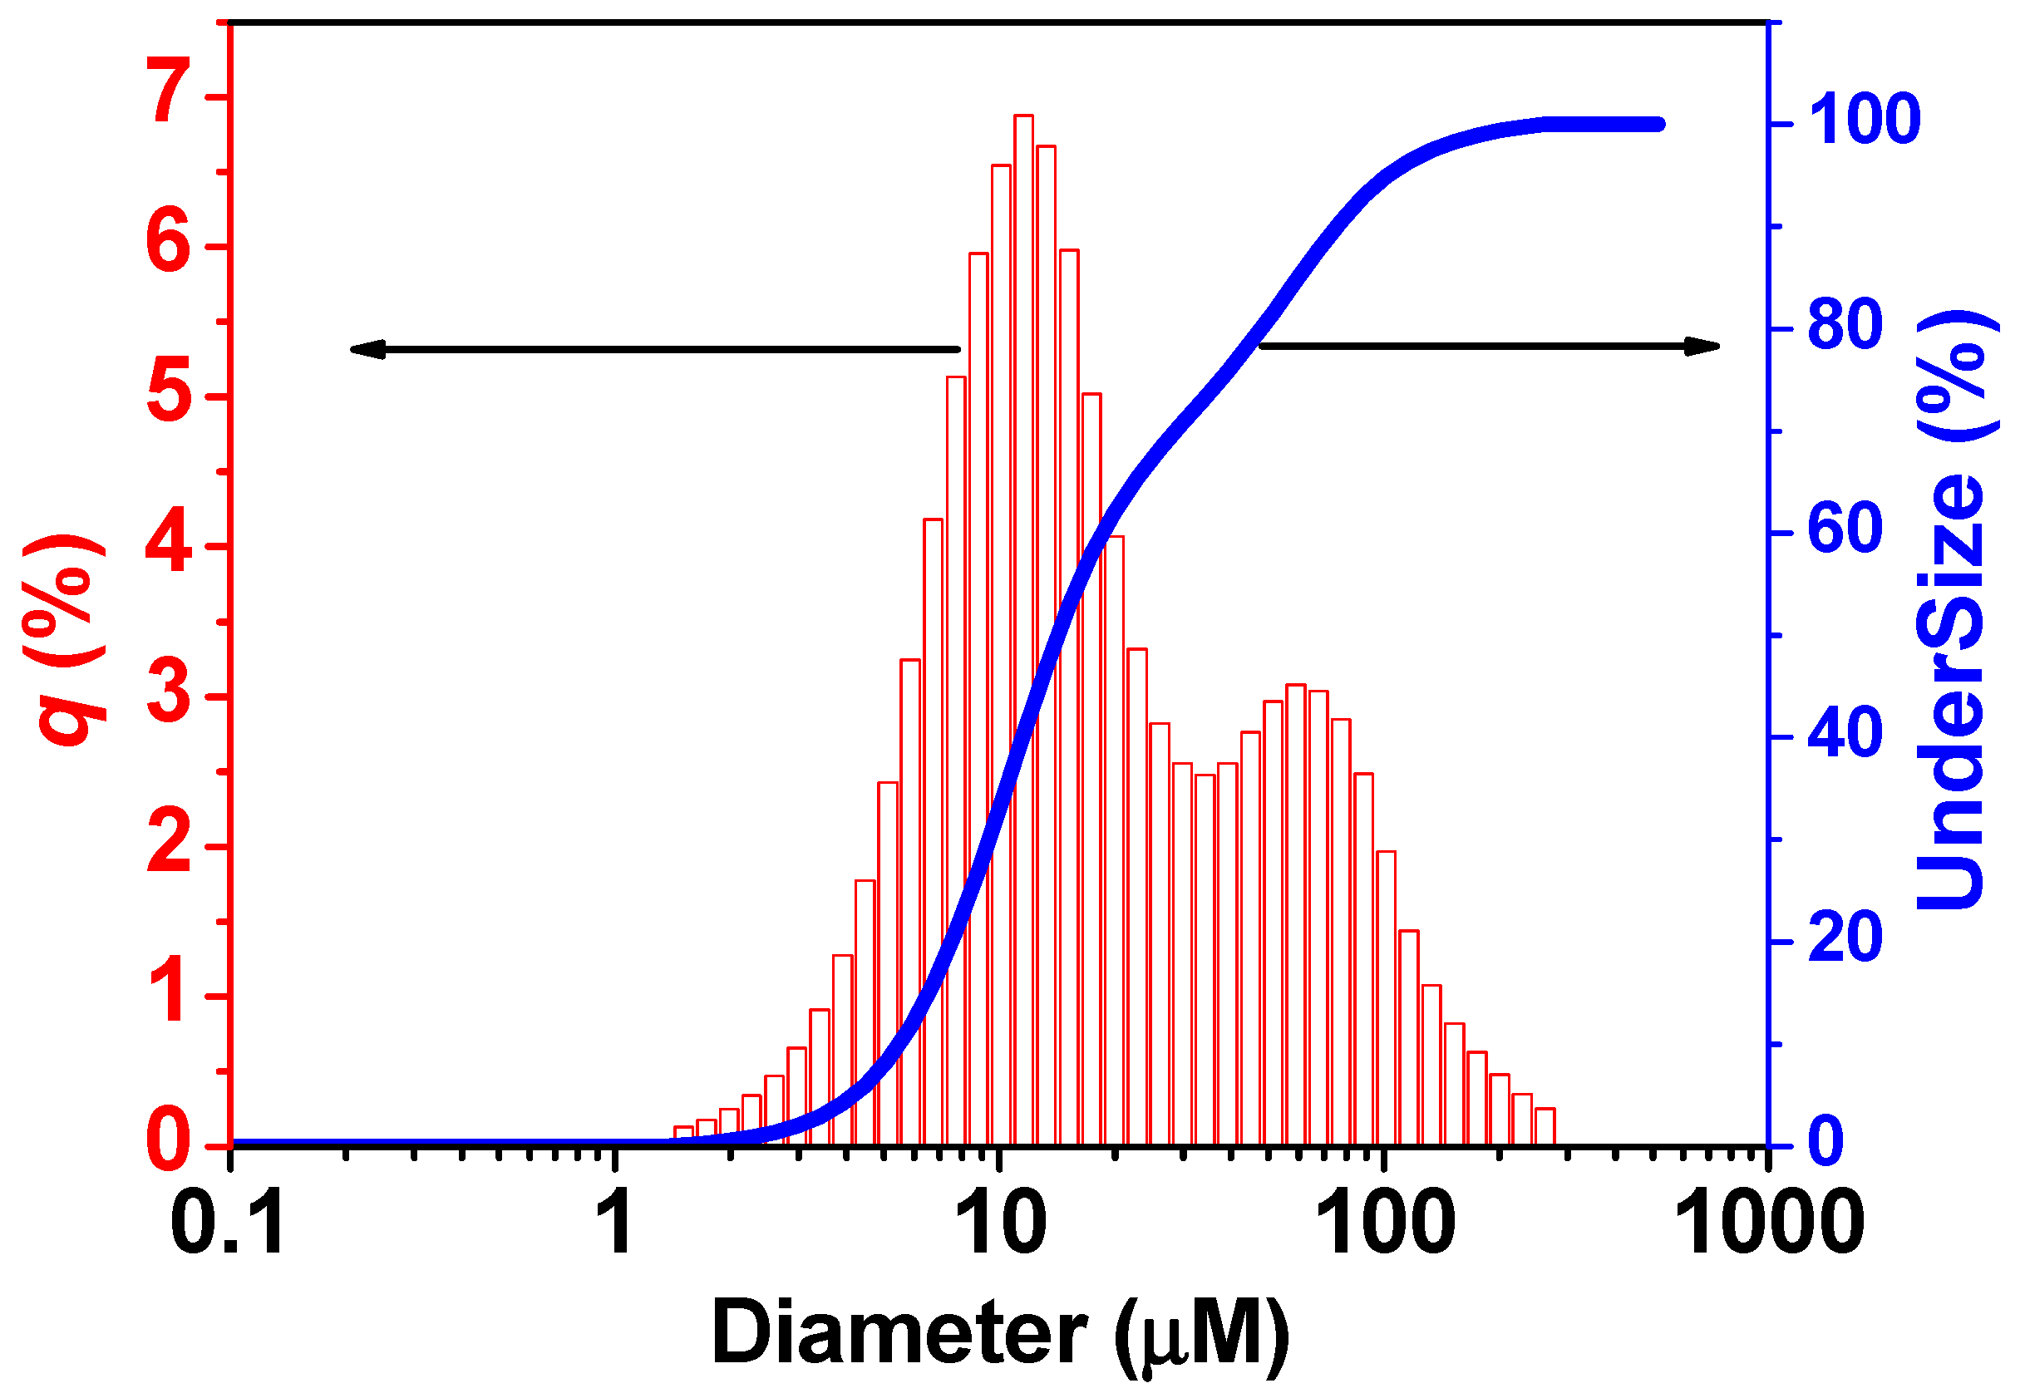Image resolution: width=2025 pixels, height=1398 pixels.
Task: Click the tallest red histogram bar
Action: coord(1023,613)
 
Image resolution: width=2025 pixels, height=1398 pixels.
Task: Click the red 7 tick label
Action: coord(170,92)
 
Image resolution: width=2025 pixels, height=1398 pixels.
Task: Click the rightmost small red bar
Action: coord(1545,1127)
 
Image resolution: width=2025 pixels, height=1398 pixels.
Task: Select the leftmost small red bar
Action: coord(683,1136)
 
